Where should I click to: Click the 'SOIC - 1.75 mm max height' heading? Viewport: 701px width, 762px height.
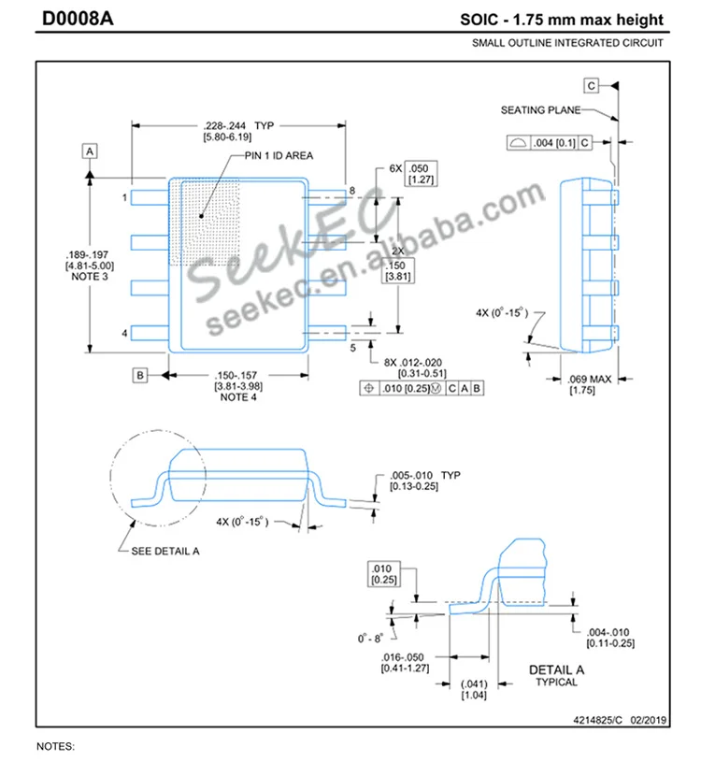(x=561, y=20)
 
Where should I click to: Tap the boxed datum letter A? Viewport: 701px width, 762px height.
(x=90, y=151)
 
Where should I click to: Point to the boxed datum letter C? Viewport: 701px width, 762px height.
(x=592, y=86)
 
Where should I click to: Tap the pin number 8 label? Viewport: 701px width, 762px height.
(x=352, y=191)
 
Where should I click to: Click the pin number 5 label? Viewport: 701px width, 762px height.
(x=352, y=348)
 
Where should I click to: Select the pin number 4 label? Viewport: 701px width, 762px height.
(x=124, y=333)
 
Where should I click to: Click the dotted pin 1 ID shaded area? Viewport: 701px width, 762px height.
(x=207, y=223)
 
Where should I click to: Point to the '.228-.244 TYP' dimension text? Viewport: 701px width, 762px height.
(x=237, y=125)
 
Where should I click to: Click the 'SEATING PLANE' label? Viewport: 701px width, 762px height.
(x=540, y=110)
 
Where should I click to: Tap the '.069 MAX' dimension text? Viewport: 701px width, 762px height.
(x=590, y=379)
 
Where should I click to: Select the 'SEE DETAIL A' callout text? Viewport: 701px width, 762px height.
(x=165, y=552)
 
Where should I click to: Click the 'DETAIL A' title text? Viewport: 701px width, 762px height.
(x=556, y=669)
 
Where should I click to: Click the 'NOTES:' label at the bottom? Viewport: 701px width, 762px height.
(x=54, y=747)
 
